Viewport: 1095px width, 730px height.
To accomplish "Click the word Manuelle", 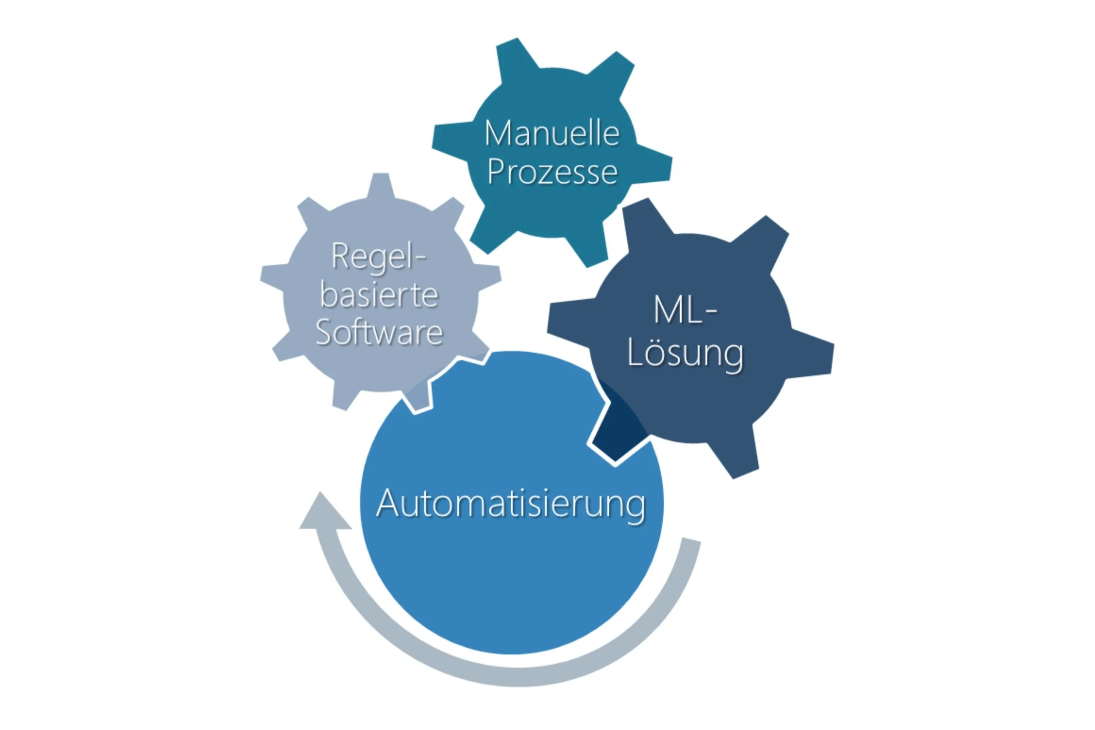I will tap(552, 134).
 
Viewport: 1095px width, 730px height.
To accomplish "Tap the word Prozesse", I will tap(552, 172).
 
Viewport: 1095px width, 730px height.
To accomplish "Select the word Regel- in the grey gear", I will tap(378, 256).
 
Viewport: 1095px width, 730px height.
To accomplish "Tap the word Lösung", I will tap(685, 354).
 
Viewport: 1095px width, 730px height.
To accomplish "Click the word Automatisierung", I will tap(511, 504).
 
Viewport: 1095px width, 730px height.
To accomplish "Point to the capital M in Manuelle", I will tap(497, 134).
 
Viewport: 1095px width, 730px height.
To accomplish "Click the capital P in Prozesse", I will tap(494, 172).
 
